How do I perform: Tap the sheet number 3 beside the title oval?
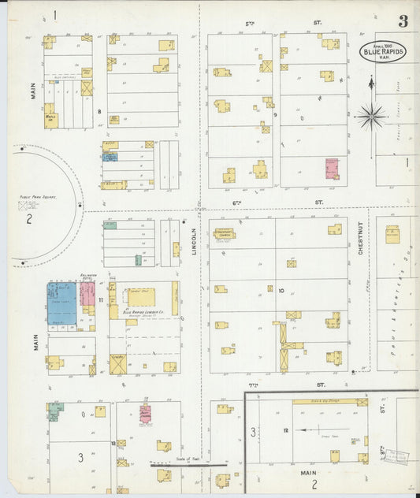(x=403, y=21)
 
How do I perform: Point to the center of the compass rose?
(x=370, y=117)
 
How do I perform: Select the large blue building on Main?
(x=62, y=303)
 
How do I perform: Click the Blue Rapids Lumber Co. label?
(x=142, y=312)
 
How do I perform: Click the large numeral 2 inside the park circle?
(x=28, y=219)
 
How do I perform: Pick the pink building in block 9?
(x=332, y=168)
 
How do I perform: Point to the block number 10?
(x=281, y=290)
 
